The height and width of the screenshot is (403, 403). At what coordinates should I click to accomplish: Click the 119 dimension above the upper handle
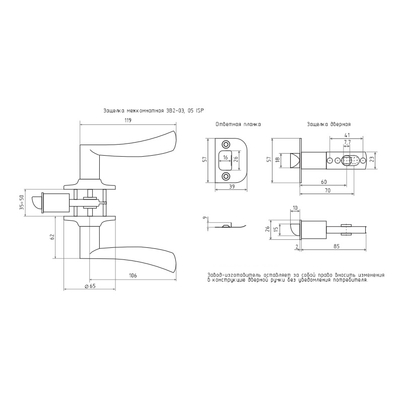point(128,120)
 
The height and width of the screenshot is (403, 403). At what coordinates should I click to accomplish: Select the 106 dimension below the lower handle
point(132,276)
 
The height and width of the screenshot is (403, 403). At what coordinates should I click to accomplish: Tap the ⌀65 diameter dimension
point(90,286)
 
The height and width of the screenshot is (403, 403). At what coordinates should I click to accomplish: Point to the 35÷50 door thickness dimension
point(22,203)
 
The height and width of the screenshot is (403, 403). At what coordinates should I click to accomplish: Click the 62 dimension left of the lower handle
point(52,237)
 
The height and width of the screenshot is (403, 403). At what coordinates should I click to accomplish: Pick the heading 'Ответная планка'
point(238,124)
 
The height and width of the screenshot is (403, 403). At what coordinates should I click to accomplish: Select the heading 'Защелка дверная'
point(328,124)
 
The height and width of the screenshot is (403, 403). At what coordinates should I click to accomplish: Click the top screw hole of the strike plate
point(226,144)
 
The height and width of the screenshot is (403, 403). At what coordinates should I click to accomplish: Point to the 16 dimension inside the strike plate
point(225,157)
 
